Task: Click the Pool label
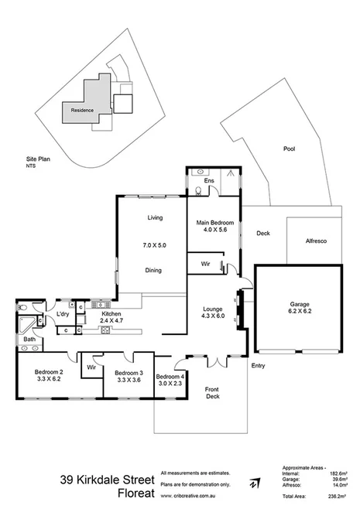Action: pos(289,149)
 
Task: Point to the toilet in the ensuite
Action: pos(199,188)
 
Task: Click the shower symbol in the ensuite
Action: pos(230,176)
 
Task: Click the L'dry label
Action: pos(63,313)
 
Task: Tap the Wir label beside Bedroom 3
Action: pos(91,366)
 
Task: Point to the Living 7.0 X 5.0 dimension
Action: pos(155,244)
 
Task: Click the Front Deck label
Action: pos(211,391)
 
